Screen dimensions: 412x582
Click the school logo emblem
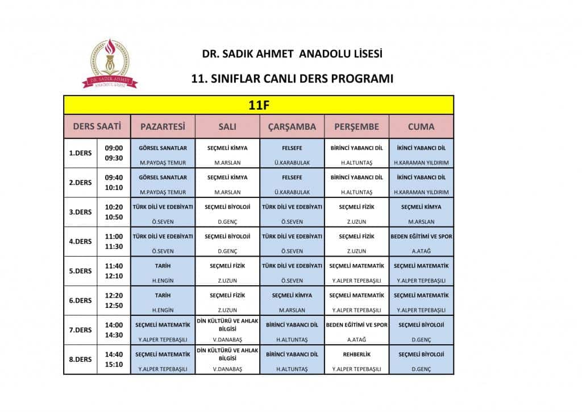pos(110,63)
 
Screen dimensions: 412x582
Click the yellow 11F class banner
pos(258,105)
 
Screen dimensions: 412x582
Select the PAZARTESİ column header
pos(163,126)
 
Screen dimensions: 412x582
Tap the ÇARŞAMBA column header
pos(292,126)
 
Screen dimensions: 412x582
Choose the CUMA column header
pos(421,126)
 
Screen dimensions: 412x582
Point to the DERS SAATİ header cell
pos(97,126)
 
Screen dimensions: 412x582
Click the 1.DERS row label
pos(80,153)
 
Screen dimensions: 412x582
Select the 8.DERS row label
pos(80,360)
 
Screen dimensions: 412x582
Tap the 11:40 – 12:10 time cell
pos(114,271)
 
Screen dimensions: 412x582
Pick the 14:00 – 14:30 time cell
pos(114,330)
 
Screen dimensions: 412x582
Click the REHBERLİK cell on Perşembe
pos(356,360)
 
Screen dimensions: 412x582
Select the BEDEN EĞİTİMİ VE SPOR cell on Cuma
pos(421,241)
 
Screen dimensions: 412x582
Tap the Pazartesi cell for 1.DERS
pos(163,153)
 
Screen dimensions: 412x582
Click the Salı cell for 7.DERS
pos(227,330)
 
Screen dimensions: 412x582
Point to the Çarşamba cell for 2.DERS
pos(292,183)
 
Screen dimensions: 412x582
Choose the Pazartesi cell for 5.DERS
pos(163,271)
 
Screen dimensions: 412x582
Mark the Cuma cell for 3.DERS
pos(421,212)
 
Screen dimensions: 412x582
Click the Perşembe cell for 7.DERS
pos(356,330)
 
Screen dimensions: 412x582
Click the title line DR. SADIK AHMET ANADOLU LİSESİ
pos(292,55)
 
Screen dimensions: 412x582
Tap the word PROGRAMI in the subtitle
pos(363,79)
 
